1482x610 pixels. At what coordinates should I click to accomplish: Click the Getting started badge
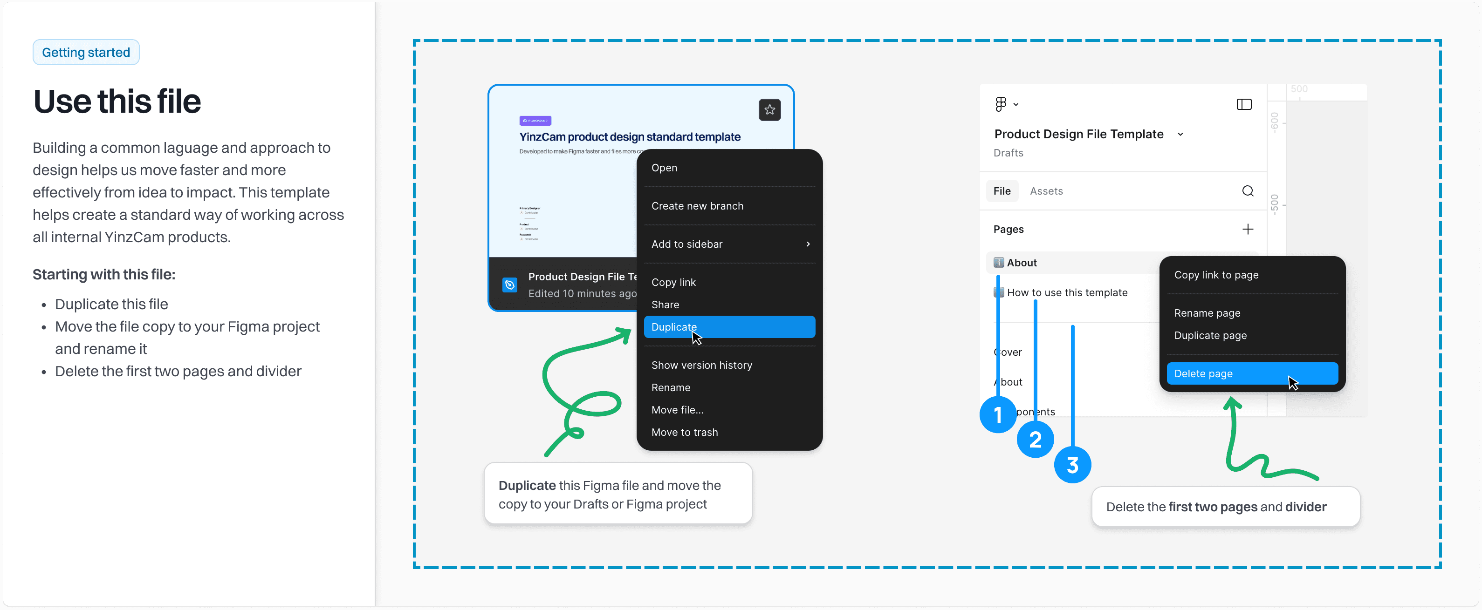(x=86, y=52)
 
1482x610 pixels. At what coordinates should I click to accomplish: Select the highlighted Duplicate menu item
(x=728, y=326)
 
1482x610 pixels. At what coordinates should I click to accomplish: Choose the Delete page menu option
(x=1251, y=373)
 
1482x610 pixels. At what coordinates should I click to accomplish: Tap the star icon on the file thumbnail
(x=769, y=109)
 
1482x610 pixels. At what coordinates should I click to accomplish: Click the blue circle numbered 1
(x=998, y=414)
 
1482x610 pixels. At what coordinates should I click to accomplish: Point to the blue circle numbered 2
(x=1035, y=440)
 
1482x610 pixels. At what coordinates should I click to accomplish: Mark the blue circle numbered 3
(x=1072, y=465)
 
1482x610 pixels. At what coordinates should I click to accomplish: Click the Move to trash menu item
(x=684, y=432)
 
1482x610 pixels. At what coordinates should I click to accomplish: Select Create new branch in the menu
(x=697, y=206)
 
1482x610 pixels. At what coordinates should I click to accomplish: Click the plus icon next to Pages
(x=1247, y=229)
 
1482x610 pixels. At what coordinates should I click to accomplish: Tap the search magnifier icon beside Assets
(x=1247, y=191)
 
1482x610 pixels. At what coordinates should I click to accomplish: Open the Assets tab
(x=1046, y=191)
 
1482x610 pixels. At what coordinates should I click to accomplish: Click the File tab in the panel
(x=1002, y=191)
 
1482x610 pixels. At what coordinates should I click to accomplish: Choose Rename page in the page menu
(x=1207, y=313)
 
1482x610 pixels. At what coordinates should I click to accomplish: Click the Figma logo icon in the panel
(x=1001, y=104)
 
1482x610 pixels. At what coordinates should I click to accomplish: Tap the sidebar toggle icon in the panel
(x=1244, y=104)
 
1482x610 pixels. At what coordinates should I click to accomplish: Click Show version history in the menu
(x=701, y=365)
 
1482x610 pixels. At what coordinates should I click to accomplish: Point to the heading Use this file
(x=117, y=102)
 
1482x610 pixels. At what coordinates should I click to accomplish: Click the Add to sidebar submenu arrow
(x=808, y=244)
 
